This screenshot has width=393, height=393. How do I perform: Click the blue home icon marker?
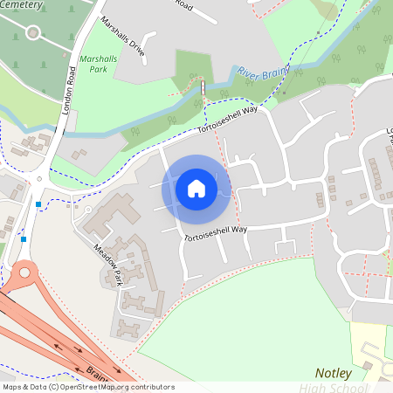coord(196,188)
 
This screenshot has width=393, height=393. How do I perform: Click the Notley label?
coord(334,374)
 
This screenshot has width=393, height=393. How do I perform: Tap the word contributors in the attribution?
coord(155,387)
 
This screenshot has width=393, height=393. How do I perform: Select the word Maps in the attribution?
coord(12,387)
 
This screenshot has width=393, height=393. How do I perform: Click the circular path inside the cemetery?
coord(33,33)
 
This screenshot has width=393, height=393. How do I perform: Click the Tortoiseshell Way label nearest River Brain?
coord(228,120)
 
